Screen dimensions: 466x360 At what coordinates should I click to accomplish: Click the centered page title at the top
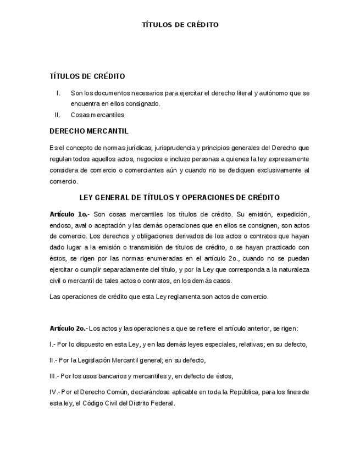pyautogui.click(x=180, y=25)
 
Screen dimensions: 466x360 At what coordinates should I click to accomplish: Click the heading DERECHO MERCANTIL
pyautogui.click(x=88, y=131)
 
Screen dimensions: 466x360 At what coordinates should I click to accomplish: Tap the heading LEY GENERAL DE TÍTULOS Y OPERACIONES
pyautogui.click(x=180, y=198)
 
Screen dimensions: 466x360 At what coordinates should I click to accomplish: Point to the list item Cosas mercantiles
pyautogui.click(x=97, y=115)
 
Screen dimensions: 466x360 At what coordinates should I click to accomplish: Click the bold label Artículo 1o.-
pyautogui.click(x=69, y=214)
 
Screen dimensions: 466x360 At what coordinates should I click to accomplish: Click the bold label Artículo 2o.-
pyautogui.click(x=68, y=329)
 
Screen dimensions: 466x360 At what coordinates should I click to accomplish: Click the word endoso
pyautogui.click(x=59, y=225)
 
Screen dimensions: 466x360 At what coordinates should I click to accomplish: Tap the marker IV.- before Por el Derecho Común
pyautogui.click(x=54, y=392)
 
